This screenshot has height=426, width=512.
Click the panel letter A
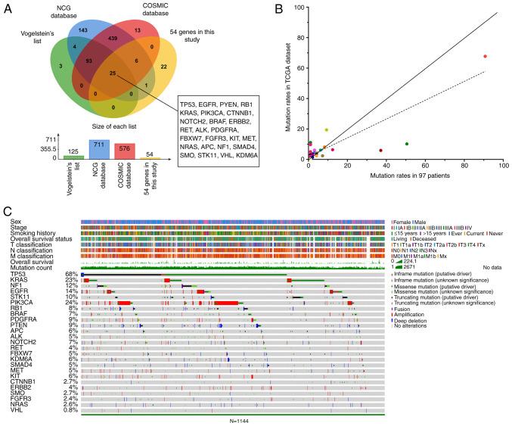[8, 10]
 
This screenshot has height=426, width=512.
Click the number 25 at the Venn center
[113, 73]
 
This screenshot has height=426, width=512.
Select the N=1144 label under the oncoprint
[235, 420]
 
